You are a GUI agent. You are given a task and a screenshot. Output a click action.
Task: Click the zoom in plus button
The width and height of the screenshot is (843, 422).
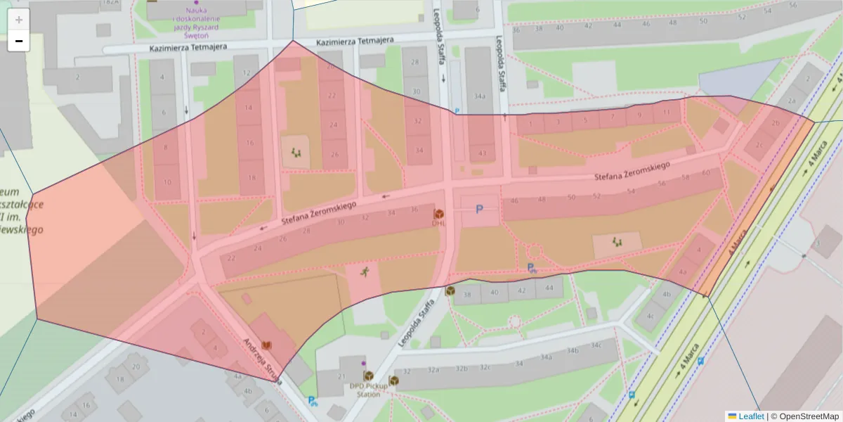point(19,20)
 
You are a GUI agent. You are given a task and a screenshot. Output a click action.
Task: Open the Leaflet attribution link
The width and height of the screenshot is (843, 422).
point(750,416)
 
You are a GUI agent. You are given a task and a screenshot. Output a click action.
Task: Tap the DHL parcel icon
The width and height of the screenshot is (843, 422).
point(439,214)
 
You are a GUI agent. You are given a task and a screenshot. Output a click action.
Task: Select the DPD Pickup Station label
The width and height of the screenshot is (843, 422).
point(364,390)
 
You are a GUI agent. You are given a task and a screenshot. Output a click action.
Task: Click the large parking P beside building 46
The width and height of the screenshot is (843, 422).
point(480,209)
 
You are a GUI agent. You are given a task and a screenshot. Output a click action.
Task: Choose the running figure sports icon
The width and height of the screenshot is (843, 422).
point(364,272)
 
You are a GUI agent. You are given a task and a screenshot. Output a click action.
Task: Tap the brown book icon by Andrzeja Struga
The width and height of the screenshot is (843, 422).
point(266,345)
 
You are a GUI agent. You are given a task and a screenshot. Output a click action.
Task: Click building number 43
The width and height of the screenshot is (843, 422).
point(482,153)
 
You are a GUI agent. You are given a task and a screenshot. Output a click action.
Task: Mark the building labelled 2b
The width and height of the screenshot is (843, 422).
point(775,124)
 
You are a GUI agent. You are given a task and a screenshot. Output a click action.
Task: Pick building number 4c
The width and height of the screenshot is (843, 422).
point(650,316)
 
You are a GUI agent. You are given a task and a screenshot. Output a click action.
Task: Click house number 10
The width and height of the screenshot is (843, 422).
point(167,182)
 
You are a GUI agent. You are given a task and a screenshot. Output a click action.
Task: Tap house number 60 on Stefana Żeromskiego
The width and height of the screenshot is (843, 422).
point(706,172)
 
